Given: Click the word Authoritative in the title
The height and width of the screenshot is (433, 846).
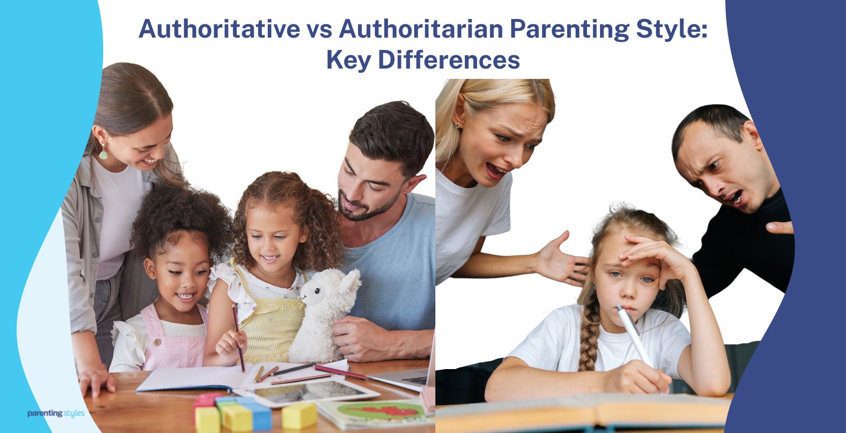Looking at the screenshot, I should point(219,29).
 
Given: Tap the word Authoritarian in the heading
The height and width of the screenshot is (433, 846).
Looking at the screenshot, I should point(420,29).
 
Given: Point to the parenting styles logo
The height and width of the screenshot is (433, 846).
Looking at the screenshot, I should point(56,413).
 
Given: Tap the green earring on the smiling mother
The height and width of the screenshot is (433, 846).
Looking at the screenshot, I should point(104,153).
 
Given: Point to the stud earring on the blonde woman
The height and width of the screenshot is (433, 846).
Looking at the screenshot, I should point(456,124).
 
